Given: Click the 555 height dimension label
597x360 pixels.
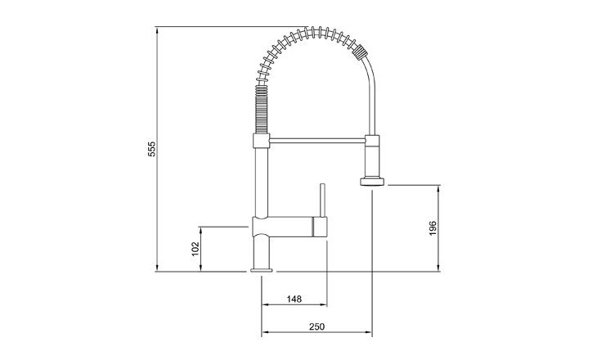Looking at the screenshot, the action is [x=152, y=149].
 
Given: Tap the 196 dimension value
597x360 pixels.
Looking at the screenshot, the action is [x=433, y=227].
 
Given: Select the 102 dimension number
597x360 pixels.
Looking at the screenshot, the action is [x=195, y=249].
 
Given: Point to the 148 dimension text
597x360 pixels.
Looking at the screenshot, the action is [x=294, y=299].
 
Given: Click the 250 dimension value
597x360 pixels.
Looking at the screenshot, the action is [x=316, y=326].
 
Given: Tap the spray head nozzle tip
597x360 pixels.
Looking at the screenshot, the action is [x=373, y=182].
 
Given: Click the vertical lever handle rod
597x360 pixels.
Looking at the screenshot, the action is [x=322, y=200].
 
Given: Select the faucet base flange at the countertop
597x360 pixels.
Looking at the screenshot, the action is [x=262, y=270].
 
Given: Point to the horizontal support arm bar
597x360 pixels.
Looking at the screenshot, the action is [x=317, y=141].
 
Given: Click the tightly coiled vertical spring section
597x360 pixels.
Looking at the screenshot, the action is [x=261, y=110].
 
